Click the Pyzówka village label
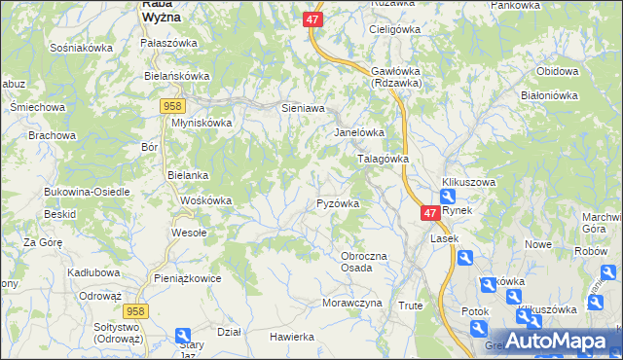[339, 204]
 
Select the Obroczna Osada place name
[370, 262]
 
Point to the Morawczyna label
[351, 304]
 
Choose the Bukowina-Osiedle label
[87, 192]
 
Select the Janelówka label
[360, 132]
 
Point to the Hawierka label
[292, 337]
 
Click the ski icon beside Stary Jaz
[183, 337]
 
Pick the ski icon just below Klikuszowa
[447, 198]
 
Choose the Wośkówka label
[206, 200]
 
